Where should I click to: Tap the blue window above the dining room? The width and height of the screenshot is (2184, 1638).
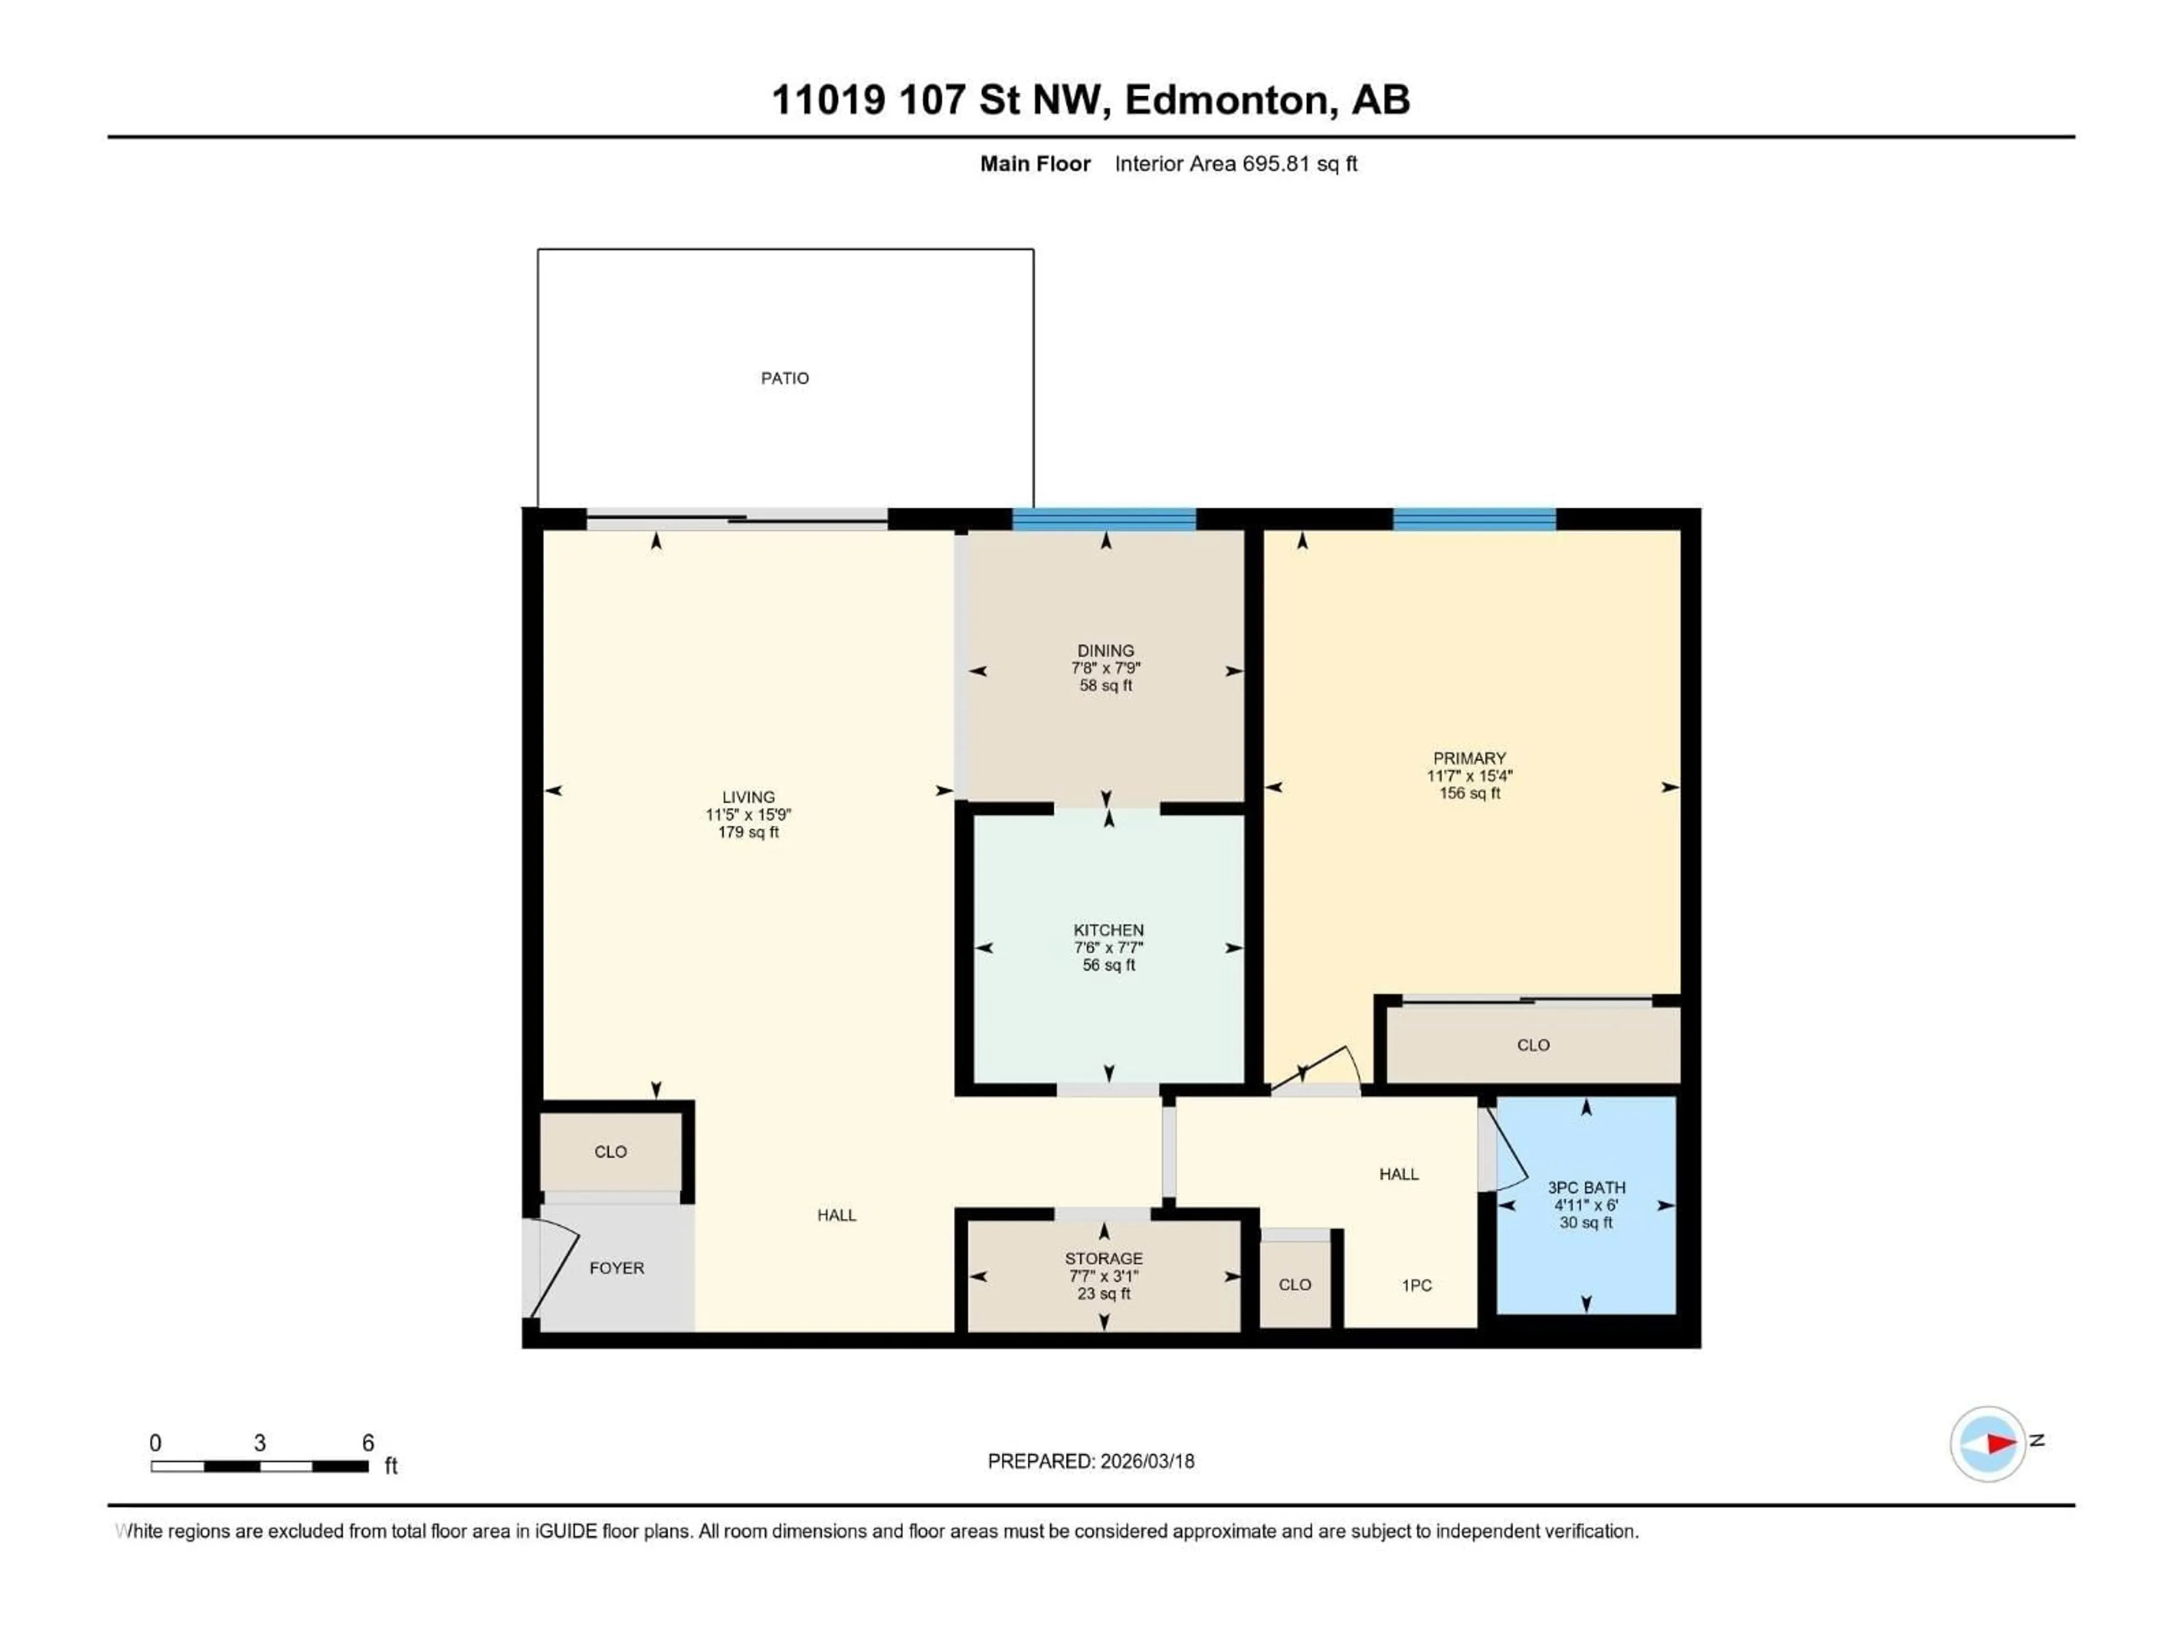(x=1104, y=519)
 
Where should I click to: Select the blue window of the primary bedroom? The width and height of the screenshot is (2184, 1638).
(x=1474, y=519)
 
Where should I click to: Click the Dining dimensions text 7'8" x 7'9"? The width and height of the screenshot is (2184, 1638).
(x=1106, y=668)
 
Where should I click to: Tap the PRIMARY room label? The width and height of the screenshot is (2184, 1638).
(x=1469, y=758)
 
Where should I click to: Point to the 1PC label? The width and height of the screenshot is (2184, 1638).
(x=1416, y=1285)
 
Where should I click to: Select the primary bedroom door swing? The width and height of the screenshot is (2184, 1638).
(x=1323, y=1069)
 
